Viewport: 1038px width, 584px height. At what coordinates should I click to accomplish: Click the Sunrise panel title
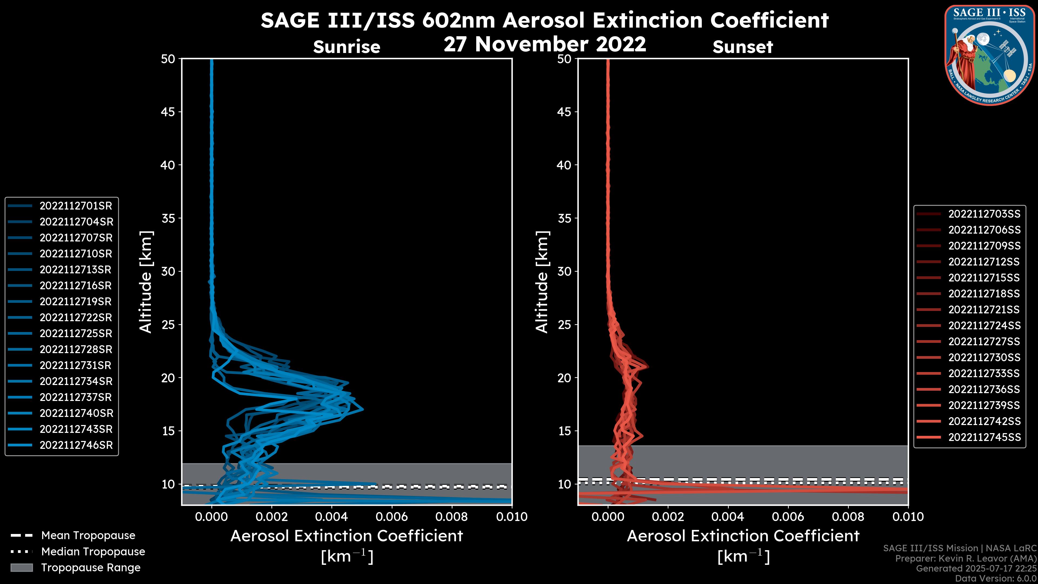click(347, 47)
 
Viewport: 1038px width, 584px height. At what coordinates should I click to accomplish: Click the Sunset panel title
click(743, 47)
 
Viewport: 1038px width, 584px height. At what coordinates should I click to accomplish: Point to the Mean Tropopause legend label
click(88, 536)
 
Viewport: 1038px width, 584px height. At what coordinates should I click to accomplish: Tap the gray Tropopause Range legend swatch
click(22, 568)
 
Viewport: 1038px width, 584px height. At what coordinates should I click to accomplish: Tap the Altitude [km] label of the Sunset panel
click(542, 282)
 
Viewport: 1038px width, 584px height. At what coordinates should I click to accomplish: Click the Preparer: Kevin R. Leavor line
click(966, 559)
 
